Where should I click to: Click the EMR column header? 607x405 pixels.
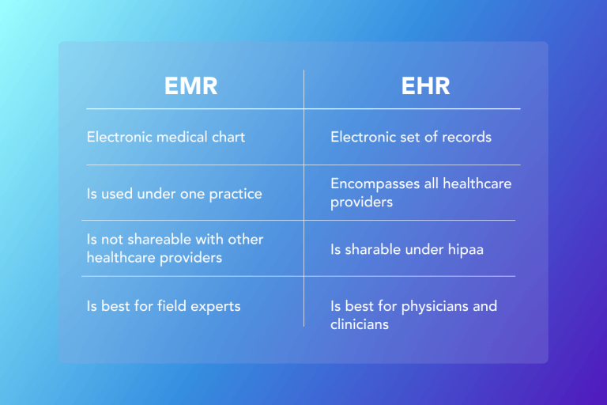190,86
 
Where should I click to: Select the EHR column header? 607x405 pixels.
424,86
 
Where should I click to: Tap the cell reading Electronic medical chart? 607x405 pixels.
166,137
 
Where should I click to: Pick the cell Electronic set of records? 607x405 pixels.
411,137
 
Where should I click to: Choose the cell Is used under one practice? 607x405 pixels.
174,194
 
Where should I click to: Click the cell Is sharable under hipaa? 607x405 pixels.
406,250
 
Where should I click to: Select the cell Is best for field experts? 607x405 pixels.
163,306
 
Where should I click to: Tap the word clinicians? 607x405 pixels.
360,324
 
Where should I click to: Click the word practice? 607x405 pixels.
236,194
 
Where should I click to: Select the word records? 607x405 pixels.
467,137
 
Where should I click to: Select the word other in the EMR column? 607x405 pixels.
246,239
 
